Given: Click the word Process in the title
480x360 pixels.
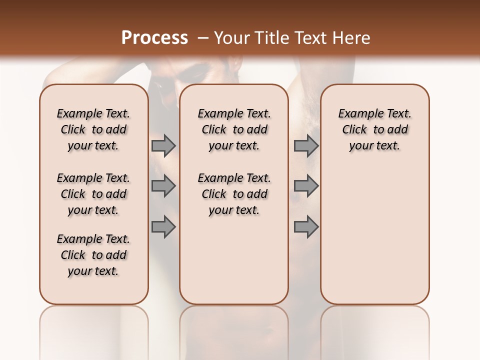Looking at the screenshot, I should click(154, 38).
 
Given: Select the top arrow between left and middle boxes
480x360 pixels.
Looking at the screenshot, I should click(163, 145).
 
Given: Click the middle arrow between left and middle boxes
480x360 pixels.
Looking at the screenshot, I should click(163, 186).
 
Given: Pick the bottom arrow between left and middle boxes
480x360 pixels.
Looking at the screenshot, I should click(163, 226).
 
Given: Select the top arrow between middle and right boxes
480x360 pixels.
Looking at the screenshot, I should click(306, 145).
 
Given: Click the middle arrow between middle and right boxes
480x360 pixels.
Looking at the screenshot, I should click(306, 186).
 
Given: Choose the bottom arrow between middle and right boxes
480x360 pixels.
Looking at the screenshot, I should click(306, 226).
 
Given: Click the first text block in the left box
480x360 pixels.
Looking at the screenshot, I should click(93, 129).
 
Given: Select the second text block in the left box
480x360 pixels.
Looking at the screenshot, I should click(93, 194).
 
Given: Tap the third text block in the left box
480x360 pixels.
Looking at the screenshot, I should click(93, 255).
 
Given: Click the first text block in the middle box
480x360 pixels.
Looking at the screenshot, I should click(234, 129).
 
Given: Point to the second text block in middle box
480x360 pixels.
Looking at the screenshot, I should click(234, 194).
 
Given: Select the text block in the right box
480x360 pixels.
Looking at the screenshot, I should click(375, 129).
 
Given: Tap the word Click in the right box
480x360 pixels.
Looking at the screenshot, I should click(354, 130).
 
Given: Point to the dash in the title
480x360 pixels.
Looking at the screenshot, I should click(202, 38).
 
